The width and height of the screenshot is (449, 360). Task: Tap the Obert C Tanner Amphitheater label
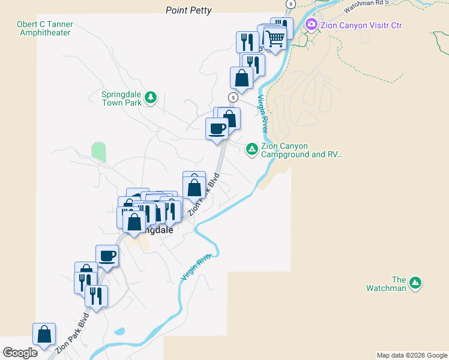click(46, 29)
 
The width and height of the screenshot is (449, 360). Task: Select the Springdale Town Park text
click(121, 98)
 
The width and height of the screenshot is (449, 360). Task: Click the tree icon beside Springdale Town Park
click(151, 97)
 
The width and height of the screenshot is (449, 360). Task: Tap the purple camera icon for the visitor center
click(311, 25)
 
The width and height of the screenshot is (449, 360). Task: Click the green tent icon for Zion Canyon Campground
click(252, 148)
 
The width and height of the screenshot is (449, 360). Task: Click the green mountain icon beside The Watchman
click(415, 283)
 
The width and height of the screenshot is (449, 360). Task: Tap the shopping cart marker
click(275, 38)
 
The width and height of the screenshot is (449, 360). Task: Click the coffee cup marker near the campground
click(217, 128)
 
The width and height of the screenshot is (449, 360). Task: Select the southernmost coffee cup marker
click(107, 256)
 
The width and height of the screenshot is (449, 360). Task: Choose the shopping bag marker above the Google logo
click(44, 334)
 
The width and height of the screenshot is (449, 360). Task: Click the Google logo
click(20, 353)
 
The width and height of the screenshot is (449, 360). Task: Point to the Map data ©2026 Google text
click(411, 355)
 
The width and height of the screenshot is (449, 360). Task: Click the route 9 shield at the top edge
click(291, 4)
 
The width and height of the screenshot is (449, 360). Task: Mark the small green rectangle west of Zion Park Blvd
click(98, 152)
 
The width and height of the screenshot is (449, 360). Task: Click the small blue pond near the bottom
click(119, 331)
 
